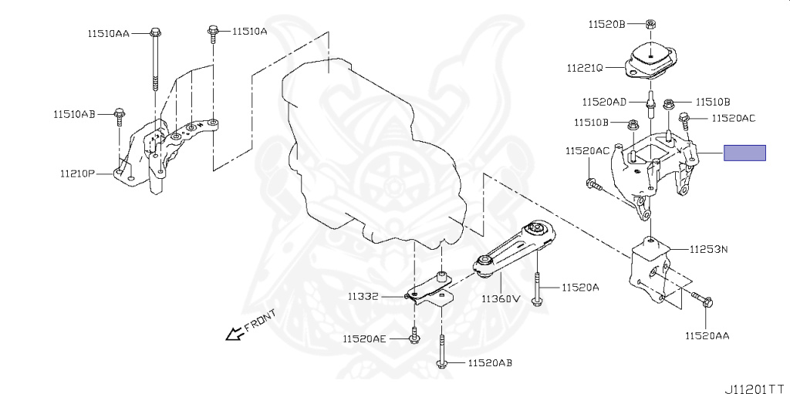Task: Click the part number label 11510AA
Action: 109,33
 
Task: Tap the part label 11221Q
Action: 583,67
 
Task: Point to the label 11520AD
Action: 604,101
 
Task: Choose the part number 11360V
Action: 501,298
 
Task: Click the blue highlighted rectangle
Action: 744,153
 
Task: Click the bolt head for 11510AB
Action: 119,116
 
